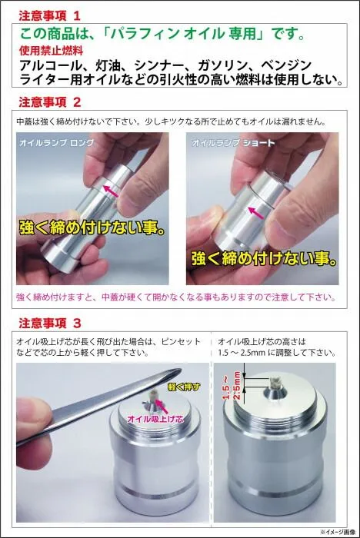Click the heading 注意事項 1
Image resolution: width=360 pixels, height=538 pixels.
click(x=49, y=16)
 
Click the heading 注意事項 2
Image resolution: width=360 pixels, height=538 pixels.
click(x=49, y=102)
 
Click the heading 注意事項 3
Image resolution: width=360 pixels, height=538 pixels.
click(x=49, y=324)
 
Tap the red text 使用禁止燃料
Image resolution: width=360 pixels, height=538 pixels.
click(x=52, y=51)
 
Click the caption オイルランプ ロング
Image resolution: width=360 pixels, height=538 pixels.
click(x=57, y=142)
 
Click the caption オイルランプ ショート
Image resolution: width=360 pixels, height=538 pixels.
click(x=233, y=142)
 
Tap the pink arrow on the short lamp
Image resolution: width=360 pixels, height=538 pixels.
click(x=256, y=213)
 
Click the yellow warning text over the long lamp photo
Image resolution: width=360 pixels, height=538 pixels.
click(x=92, y=228)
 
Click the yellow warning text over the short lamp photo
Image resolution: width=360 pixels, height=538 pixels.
click(x=264, y=258)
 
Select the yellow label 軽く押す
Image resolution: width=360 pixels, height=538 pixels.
click(x=184, y=387)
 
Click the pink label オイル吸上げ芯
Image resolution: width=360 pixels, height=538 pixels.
click(x=155, y=419)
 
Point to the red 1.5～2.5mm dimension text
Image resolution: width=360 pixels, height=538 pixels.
click(x=232, y=385)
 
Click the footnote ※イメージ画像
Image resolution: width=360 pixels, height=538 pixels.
click(x=338, y=532)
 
